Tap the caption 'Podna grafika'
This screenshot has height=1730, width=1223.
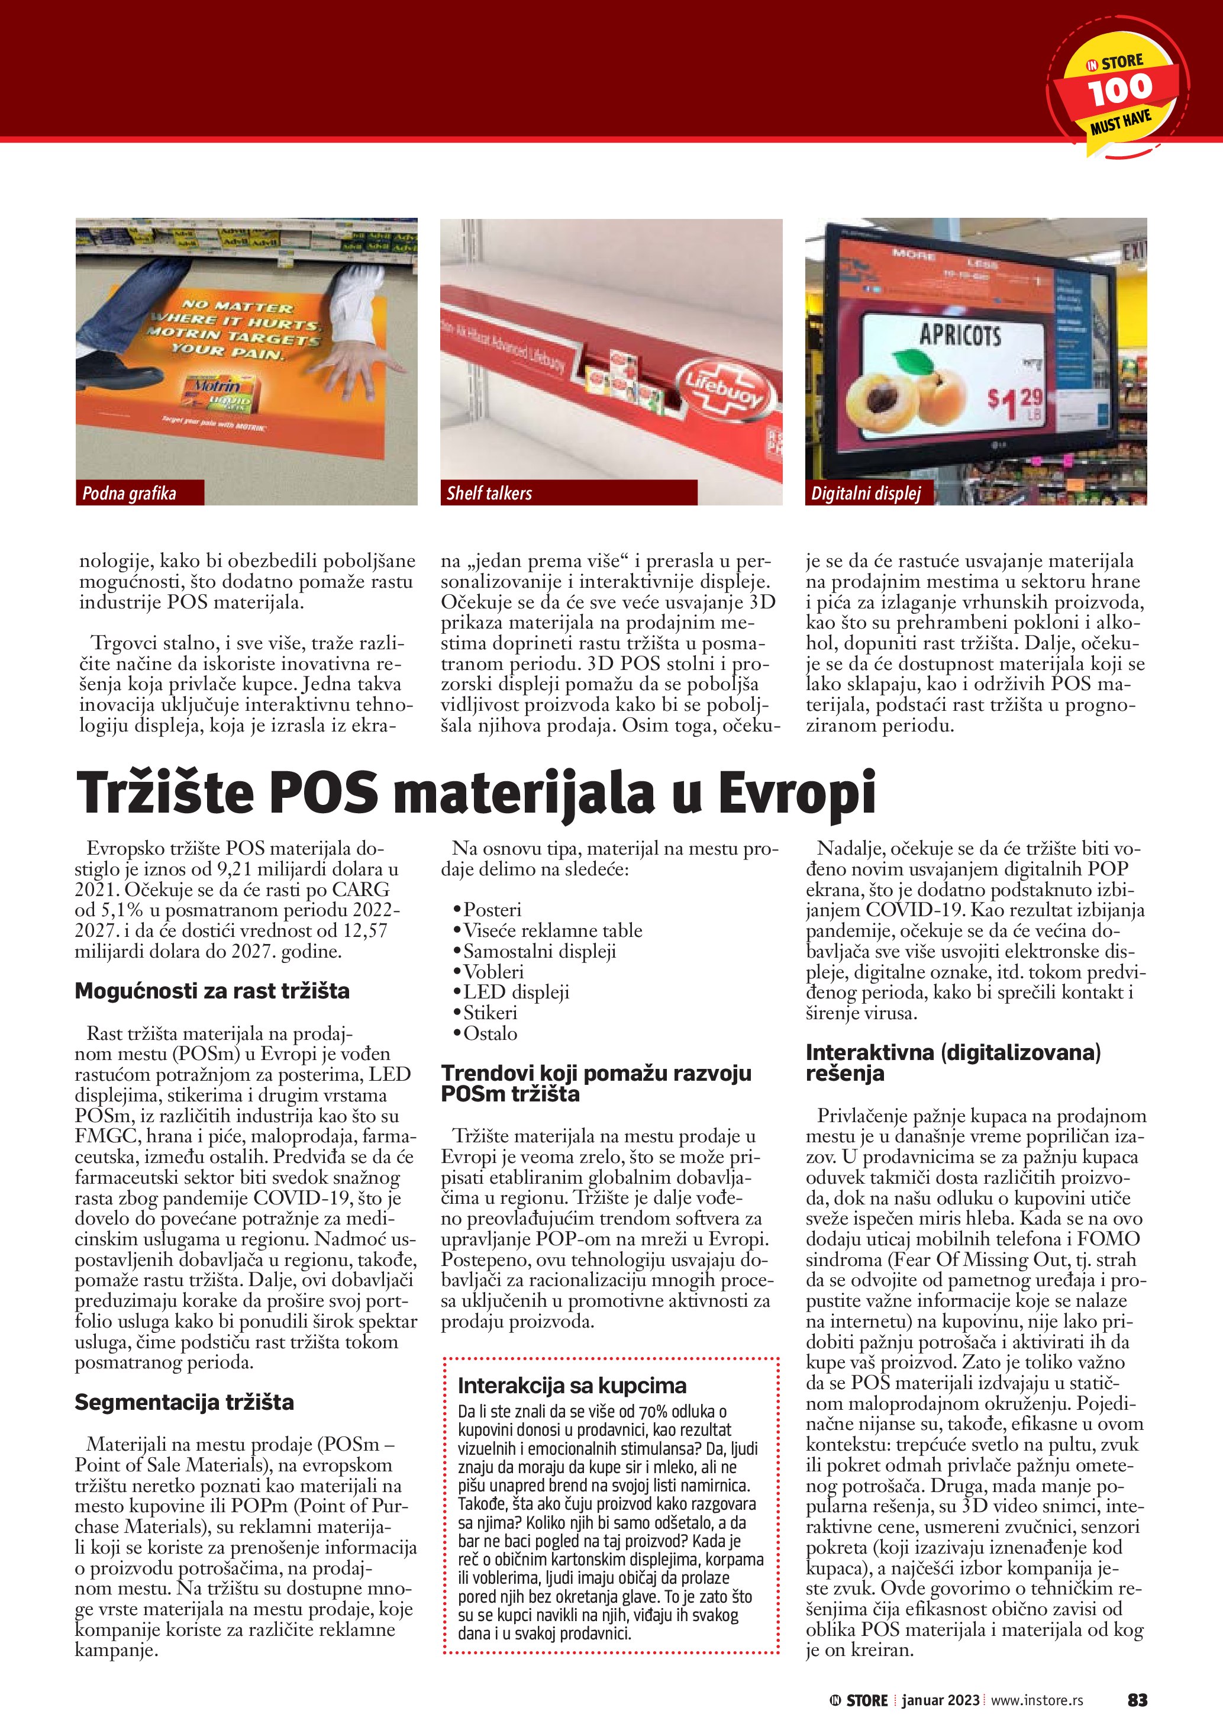[129, 494]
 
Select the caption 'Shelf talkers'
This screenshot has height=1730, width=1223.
[489, 494]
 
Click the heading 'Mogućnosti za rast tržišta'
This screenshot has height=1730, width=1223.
[212, 991]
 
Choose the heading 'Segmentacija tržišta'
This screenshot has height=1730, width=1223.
[184, 1402]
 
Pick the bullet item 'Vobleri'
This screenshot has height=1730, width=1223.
[492, 971]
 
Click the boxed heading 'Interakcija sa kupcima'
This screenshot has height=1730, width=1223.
[572, 1385]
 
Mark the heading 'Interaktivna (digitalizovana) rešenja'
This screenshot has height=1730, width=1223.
[953, 1062]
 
